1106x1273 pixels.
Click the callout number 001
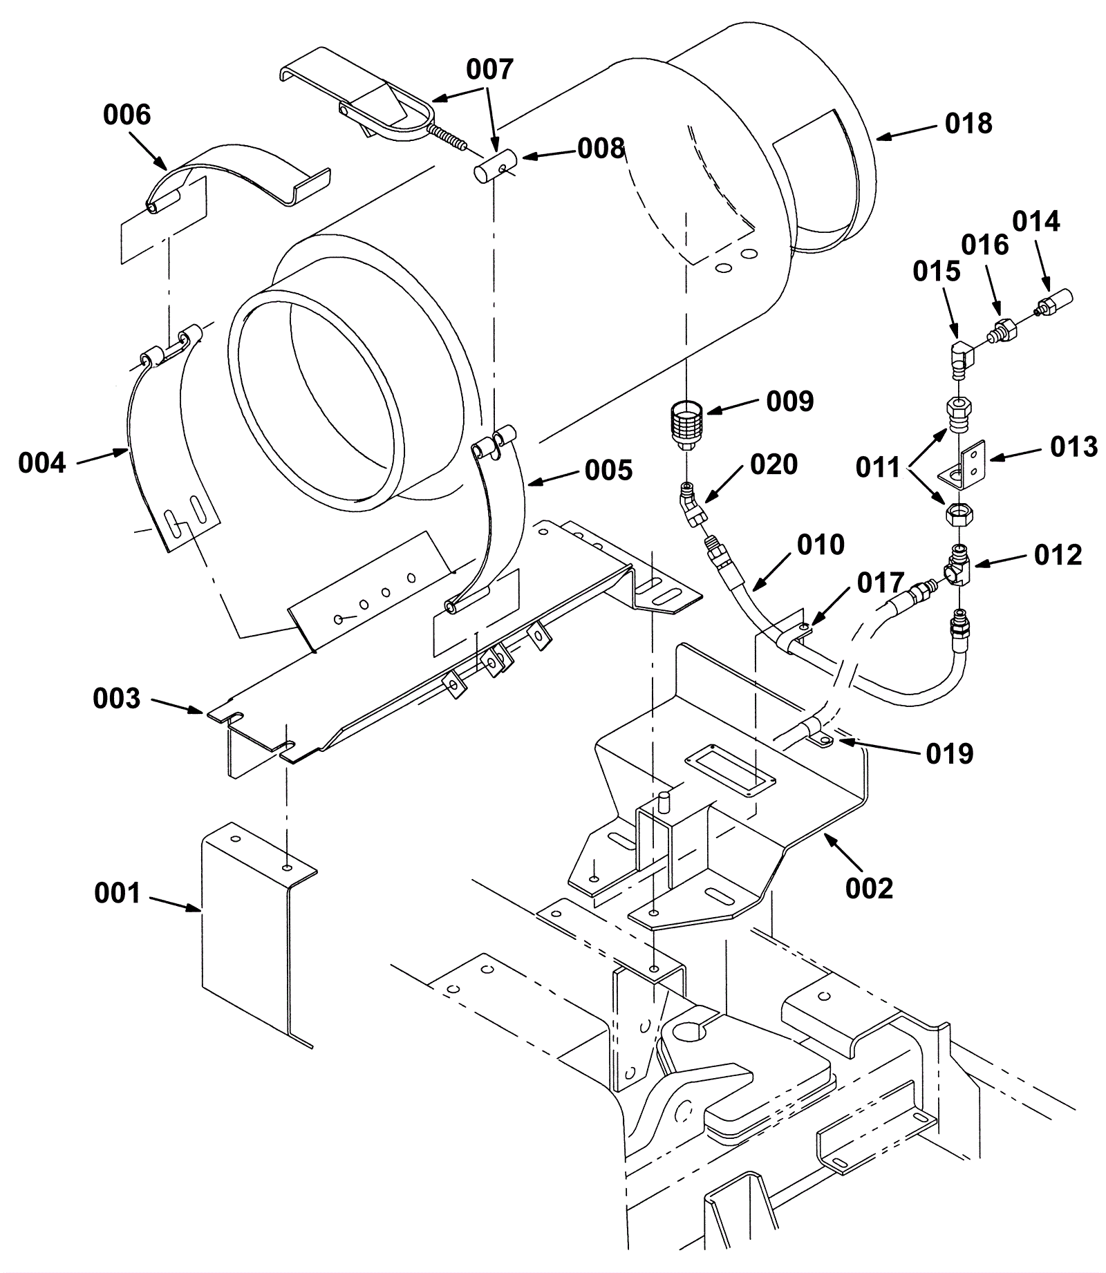[x=118, y=894]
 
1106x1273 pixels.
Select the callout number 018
[x=968, y=124]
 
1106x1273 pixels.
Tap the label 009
[x=790, y=402]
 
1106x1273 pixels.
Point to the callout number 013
[x=1074, y=447]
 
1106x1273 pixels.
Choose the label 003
[x=117, y=699]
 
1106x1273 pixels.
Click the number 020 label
[x=774, y=464]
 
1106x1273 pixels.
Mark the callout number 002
[x=869, y=888]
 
